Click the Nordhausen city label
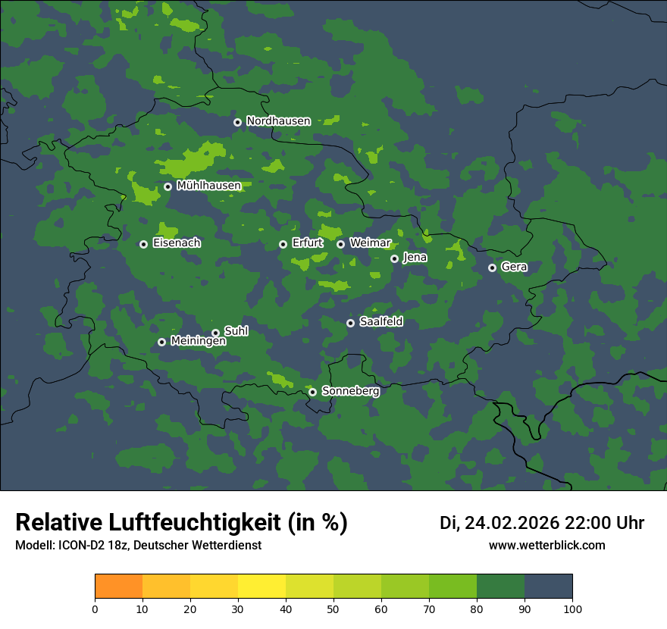click(278, 121)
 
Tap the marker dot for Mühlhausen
click(168, 186)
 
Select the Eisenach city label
click(177, 243)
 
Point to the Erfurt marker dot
click(283, 244)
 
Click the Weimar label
click(370, 243)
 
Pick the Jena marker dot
click(394, 258)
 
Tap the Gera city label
click(514, 267)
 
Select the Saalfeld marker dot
click(350, 323)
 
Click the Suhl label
click(236, 331)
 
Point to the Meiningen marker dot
click(161, 342)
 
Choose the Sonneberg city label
click(350, 391)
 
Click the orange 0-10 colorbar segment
click(118, 587)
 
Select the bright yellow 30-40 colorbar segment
click(261, 587)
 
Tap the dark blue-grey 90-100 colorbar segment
click(548, 587)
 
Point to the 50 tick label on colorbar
click(333, 609)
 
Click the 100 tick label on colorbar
click(572, 609)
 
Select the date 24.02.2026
click(512, 523)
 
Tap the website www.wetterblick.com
click(546, 546)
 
